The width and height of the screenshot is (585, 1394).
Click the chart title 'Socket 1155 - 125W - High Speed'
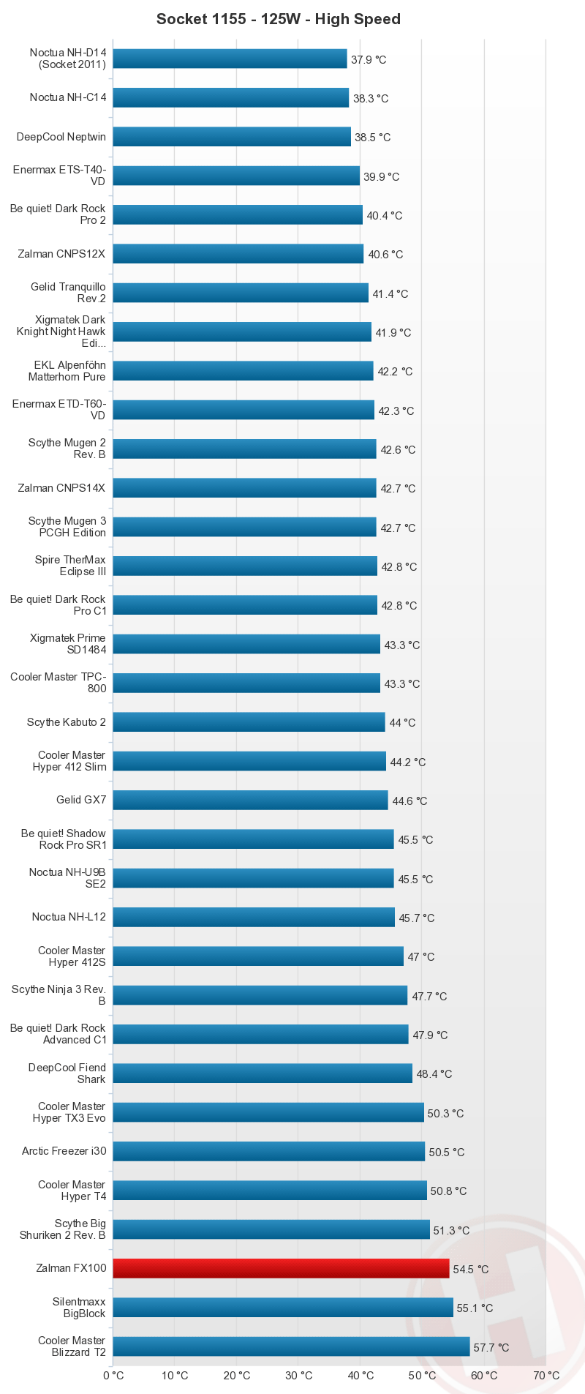pos(279,20)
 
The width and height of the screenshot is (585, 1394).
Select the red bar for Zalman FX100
pos(281,1268)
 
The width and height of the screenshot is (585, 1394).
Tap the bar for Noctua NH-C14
pos(230,97)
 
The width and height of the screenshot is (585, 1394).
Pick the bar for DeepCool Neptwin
pos(232,137)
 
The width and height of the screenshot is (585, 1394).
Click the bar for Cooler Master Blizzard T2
pos(291,1346)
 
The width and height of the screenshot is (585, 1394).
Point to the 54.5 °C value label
pos(471,1269)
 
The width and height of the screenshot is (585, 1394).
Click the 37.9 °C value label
pos(369,59)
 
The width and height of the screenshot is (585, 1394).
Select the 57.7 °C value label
pos(491,1347)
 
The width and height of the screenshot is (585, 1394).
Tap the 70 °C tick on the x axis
pos(546,1375)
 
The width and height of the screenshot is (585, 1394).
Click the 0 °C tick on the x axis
pos(113,1375)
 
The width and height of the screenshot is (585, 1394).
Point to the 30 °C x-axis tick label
pos(298,1375)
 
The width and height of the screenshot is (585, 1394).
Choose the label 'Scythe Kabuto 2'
pos(67,722)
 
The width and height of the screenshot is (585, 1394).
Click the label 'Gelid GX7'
pos(81,800)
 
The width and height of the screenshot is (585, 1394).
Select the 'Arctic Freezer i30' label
pos(64,1151)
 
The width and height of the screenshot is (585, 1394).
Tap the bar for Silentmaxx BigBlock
pos(283,1308)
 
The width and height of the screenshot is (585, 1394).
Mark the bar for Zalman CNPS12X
pos(238,254)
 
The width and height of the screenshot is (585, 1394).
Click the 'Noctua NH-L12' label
pos(69,917)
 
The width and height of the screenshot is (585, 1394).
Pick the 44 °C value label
pos(402,723)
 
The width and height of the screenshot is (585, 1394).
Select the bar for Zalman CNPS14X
pos(244,488)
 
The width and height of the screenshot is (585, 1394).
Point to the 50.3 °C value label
pos(446,1113)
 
